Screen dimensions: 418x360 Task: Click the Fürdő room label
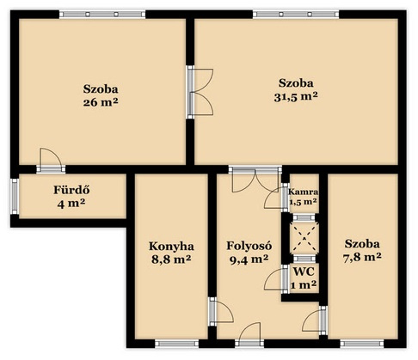(71, 190)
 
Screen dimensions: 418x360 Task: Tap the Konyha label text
(171, 246)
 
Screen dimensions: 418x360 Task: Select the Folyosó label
(249, 246)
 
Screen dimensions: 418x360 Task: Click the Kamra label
(303, 192)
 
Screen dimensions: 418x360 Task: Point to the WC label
(304, 272)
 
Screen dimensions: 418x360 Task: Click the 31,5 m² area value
(296, 97)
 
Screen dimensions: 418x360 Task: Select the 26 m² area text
(101, 102)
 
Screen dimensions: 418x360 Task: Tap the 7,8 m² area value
(362, 258)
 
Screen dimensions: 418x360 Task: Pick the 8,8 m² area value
(171, 259)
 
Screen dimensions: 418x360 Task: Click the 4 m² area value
(71, 204)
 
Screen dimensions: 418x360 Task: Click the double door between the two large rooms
(200, 92)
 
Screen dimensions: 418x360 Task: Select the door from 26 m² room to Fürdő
(51, 161)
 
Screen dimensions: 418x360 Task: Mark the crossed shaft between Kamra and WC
(304, 238)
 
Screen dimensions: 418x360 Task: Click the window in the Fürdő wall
(15, 196)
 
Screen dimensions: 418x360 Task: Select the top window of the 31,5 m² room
(296, 14)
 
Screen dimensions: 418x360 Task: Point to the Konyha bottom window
(176, 344)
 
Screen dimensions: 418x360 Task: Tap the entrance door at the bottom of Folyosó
(249, 335)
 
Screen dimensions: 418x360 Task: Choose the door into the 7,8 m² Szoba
(315, 320)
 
